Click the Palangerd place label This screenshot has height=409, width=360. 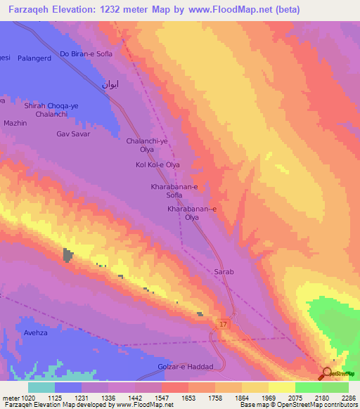(36, 59)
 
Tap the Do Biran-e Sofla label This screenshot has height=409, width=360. (86, 53)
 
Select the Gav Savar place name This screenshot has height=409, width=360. (73, 134)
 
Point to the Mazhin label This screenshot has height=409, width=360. (15, 123)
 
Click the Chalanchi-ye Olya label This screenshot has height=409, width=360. (147, 145)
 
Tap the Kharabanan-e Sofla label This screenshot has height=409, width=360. (174, 191)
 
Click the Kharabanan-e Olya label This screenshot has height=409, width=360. (192, 214)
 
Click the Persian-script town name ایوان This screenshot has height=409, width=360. (110, 84)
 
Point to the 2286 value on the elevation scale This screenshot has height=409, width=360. (348, 397)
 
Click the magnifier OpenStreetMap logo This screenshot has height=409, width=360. (327, 373)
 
